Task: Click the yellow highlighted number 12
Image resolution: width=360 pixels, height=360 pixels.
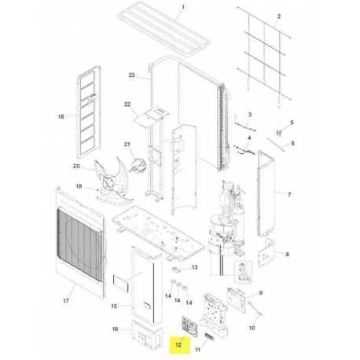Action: coord(178,343)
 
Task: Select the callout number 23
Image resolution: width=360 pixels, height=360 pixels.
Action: coord(132,75)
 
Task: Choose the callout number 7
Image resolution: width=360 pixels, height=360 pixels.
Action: coord(288,194)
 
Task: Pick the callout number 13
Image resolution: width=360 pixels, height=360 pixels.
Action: coord(195,268)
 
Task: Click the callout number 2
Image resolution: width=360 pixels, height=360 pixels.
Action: coord(279,17)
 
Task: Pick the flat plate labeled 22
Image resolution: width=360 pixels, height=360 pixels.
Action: coord(147,119)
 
